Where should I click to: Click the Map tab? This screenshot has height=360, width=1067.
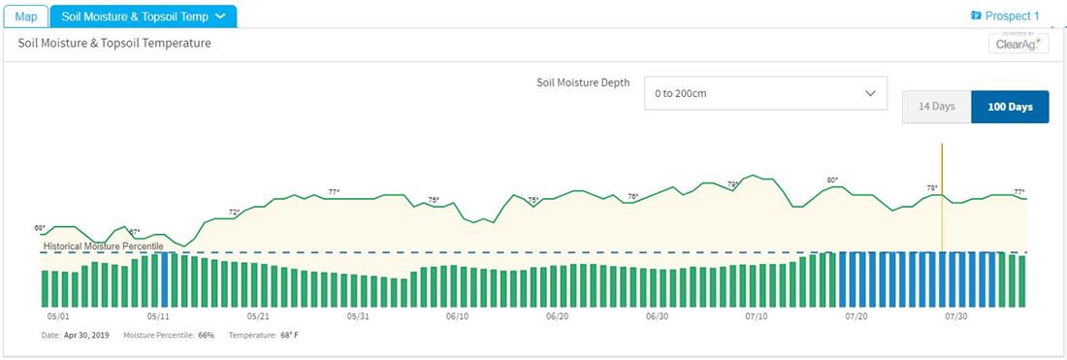pyautogui.click(x=25, y=16)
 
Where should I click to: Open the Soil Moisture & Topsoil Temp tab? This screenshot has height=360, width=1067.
pyautogui.click(x=143, y=16)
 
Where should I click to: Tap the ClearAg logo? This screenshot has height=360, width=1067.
pyautogui.click(x=1018, y=44)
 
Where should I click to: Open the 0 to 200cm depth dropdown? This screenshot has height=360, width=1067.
pyautogui.click(x=765, y=93)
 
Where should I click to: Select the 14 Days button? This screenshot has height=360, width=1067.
pyautogui.click(x=936, y=106)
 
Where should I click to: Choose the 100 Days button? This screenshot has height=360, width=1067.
pyautogui.click(x=1010, y=106)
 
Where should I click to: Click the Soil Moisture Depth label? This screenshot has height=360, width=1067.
pyautogui.click(x=583, y=82)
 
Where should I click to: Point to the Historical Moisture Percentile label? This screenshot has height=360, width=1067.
pyautogui.click(x=103, y=246)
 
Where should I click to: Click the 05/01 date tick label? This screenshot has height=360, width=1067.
pyautogui.click(x=58, y=316)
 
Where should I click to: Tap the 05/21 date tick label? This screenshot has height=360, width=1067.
pyautogui.click(x=258, y=316)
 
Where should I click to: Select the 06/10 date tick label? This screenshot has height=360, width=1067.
pyautogui.click(x=458, y=316)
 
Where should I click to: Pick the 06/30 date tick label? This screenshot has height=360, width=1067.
pyautogui.click(x=657, y=316)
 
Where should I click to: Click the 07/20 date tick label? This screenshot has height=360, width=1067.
pyautogui.click(x=857, y=316)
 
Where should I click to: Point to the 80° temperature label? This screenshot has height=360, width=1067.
pyautogui.click(x=832, y=180)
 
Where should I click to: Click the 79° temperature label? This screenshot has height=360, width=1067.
pyautogui.click(x=733, y=184)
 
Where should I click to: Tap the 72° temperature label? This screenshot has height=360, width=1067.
pyautogui.click(x=234, y=212)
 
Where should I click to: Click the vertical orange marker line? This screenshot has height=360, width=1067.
pyautogui.click(x=942, y=194)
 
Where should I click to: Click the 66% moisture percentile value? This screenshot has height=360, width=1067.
pyautogui.click(x=206, y=335)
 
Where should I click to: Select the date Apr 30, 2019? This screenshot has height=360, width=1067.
pyautogui.click(x=86, y=335)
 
